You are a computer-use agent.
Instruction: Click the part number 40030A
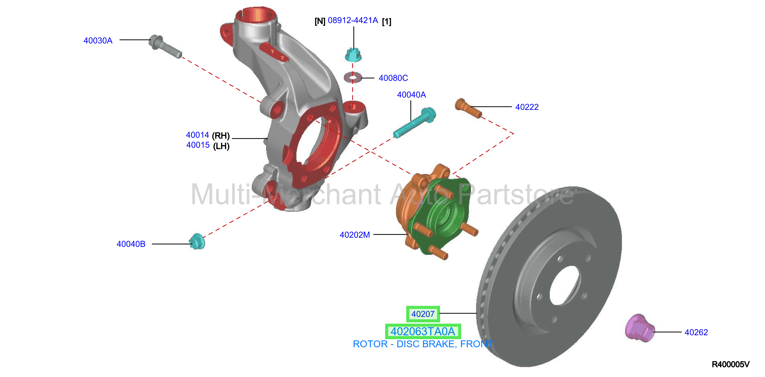coord(98,41)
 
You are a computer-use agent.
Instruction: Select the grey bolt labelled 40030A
coord(165,46)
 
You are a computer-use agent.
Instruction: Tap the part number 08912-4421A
coord(353,21)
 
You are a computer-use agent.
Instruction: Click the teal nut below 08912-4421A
coord(353,55)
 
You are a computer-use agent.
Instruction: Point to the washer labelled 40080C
coord(353,78)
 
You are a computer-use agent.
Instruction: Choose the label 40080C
coord(393,78)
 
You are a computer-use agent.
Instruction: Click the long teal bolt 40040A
coord(415,123)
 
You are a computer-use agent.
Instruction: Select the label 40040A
coord(411,95)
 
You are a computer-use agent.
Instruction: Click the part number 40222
coord(527,107)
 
